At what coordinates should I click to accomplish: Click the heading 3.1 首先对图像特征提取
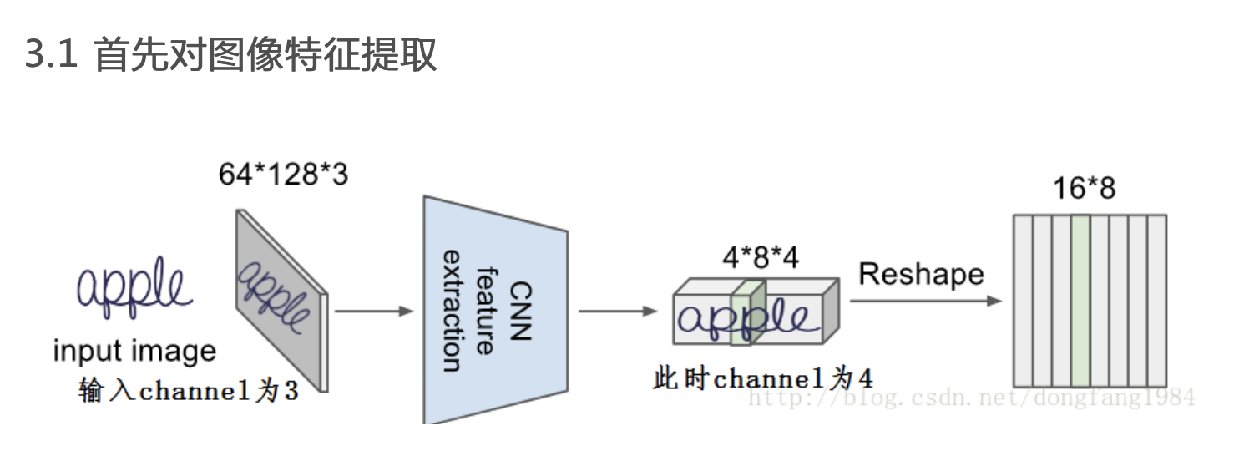(231, 56)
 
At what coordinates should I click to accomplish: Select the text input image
(134, 351)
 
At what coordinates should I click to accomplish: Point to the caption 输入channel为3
(188, 390)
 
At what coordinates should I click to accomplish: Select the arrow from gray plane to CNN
(373, 312)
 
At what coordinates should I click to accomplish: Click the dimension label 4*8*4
(759, 257)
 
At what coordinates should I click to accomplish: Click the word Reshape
(921, 274)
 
